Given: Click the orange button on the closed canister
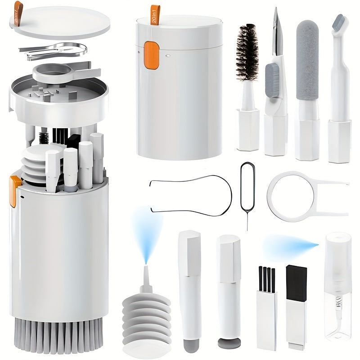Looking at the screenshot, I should [x=152, y=55].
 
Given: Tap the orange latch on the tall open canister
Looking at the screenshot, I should [x=15, y=189].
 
